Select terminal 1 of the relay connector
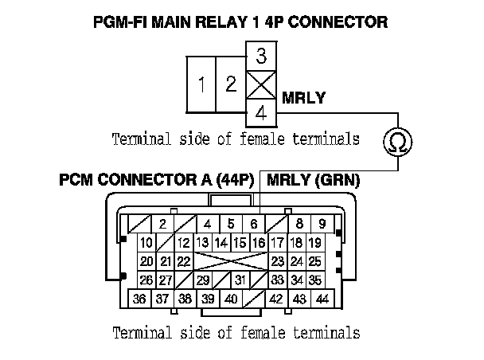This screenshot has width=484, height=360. [x=203, y=84]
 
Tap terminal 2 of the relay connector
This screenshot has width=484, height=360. [x=230, y=84]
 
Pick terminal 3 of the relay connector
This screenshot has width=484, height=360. [x=261, y=57]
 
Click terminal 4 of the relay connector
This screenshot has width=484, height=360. [x=261, y=113]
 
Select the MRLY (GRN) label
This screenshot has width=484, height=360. [x=314, y=181]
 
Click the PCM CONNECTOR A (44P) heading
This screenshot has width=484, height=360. [x=156, y=181]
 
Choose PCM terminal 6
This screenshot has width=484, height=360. [x=254, y=224]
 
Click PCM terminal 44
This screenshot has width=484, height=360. [x=322, y=299]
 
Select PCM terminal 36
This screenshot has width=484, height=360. [x=139, y=299]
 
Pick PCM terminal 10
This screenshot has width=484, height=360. [x=146, y=243]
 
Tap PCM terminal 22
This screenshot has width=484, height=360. [x=183, y=261]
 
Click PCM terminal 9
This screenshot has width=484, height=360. [x=322, y=224]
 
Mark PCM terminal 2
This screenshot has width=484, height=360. [x=162, y=224]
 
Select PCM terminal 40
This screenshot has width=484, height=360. [x=231, y=299]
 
